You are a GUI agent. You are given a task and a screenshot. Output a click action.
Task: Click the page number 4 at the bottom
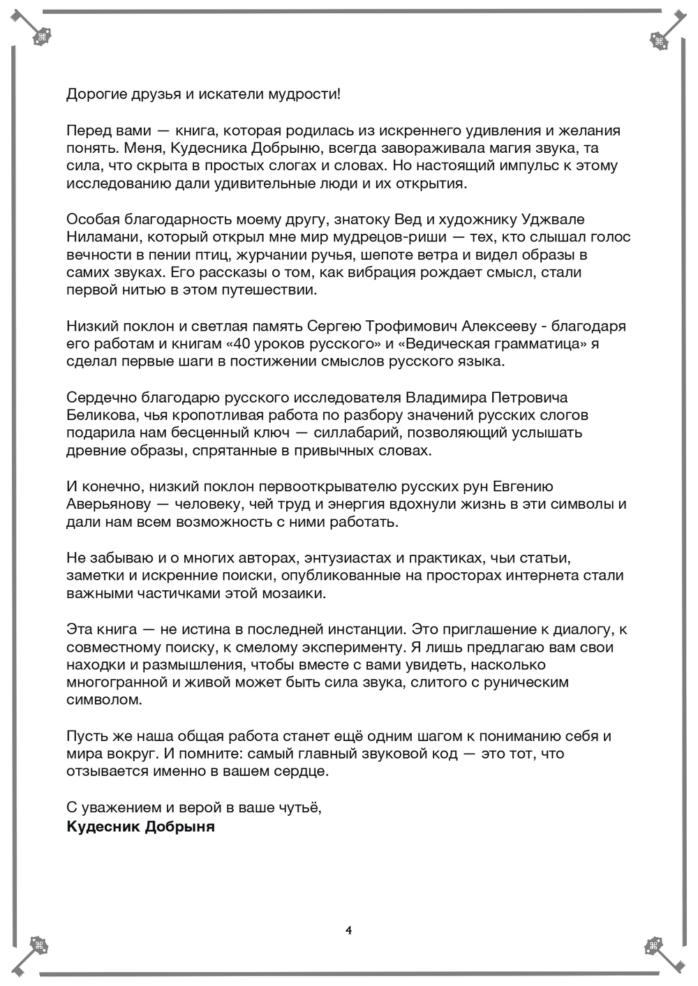(348, 929)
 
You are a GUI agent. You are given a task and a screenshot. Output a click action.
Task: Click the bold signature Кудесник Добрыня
(140, 827)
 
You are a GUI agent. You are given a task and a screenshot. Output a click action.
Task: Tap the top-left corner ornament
(40, 36)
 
